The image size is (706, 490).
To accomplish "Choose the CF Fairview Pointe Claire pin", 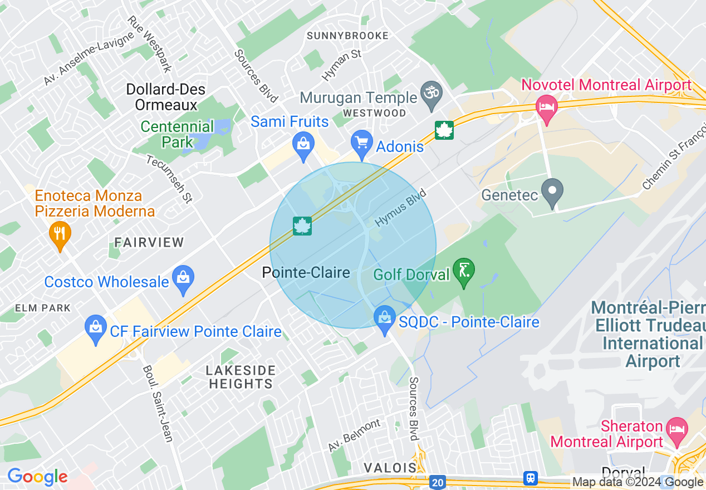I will tap(96, 327).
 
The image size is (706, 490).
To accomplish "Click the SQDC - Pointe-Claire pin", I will tap(384, 319).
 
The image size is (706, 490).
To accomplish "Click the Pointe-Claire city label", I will tap(306, 272).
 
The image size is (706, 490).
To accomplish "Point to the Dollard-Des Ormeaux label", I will tap(165, 97).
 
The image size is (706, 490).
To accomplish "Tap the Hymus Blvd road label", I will tap(400, 208).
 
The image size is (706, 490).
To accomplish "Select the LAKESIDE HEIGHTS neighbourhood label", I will tap(241, 377).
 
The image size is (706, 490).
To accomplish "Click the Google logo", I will tap(37, 477).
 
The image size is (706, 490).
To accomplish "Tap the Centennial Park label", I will tap(177, 134).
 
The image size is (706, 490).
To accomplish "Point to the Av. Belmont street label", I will tap(354, 435).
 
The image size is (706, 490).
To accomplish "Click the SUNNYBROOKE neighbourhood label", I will tap(347, 36).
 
